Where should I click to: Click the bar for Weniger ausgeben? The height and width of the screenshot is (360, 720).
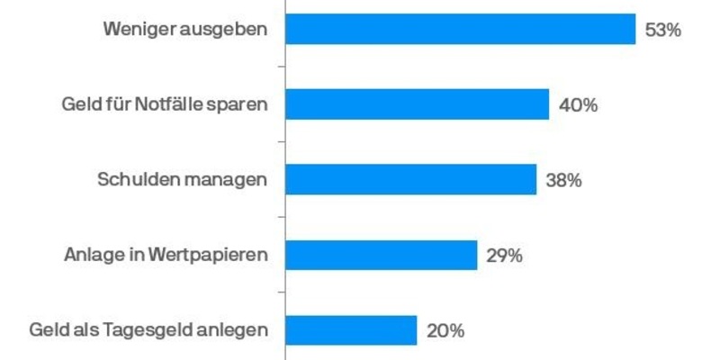click(461, 30)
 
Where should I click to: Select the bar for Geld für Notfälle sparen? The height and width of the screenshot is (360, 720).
click(417, 104)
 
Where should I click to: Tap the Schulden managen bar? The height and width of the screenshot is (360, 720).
click(410, 179)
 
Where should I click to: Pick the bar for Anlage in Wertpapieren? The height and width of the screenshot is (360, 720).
click(381, 255)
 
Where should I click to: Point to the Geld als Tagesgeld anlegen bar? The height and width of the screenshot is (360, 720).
click(351, 330)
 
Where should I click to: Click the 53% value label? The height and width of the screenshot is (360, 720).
click(663, 30)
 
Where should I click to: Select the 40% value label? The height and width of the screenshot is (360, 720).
click(578, 105)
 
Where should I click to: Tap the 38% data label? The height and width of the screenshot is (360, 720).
click(564, 180)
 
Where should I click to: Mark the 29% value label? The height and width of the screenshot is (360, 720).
click(504, 256)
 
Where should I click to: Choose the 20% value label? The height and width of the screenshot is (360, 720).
click(445, 331)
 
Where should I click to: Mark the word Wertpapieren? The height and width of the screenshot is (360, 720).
click(211, 256)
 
